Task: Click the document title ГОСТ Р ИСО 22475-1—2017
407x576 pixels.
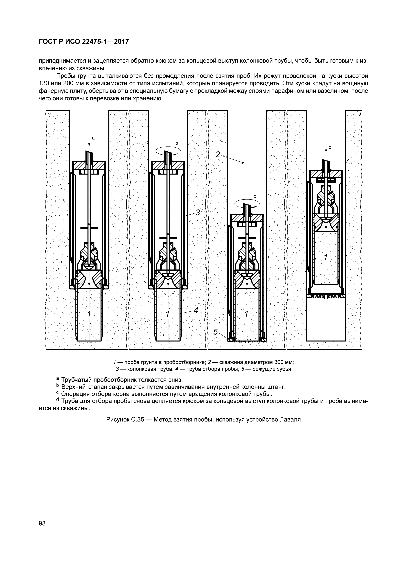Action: [x=84, y=41]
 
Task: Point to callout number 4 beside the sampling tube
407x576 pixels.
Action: [x=196, y=310]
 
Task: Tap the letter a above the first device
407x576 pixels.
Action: [x=93, y=138]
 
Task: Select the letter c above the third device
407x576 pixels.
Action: [x=255, y=196]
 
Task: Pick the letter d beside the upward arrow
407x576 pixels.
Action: [x=330, y=147]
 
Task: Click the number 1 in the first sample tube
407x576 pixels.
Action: [x=89, y=314]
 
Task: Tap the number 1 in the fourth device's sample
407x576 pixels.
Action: [x=326, y=257]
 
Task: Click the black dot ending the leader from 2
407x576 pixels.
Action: [x=243, y=163]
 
